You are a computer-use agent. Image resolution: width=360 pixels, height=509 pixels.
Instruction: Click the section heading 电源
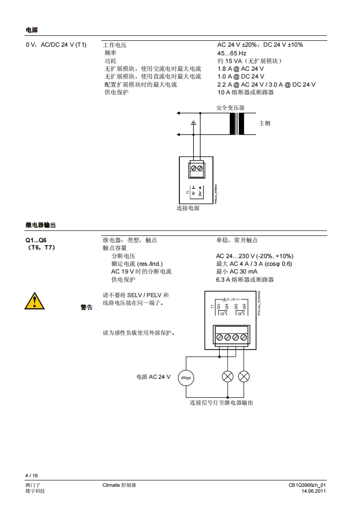click(x=31, y=30)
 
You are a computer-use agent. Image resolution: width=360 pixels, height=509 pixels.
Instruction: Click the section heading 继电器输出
click(x=41, y=225)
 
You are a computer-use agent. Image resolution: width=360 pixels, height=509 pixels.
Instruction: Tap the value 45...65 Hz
click(x=232, y=53)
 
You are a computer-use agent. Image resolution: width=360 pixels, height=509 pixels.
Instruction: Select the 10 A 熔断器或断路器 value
click(x=245, y=93)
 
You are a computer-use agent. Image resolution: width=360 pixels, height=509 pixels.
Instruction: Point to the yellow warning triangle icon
click(x=35, y=300)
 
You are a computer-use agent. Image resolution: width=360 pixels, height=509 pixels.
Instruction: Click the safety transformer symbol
click(x=237, y=123)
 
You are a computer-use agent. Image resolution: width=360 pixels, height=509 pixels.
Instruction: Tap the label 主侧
click(x=264, y=123)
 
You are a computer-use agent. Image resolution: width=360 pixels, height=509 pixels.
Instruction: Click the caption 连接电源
click(x=188, y=208)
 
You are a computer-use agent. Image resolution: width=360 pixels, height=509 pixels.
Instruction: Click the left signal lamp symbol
click(x=227, y=377)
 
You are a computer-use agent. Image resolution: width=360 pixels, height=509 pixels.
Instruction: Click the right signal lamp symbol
click(x=244, y=377)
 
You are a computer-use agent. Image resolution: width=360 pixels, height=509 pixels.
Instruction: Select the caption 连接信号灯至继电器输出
click(x=221, y=403)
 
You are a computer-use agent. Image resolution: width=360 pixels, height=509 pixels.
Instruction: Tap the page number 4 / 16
click(x=32, y=475)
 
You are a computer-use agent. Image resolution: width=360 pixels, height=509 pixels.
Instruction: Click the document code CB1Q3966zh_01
click(x=307, y=485)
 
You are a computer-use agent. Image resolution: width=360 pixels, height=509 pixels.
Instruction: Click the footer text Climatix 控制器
click(x=119, y=485)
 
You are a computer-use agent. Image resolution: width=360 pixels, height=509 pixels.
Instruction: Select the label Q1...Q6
click(x=35, y=240)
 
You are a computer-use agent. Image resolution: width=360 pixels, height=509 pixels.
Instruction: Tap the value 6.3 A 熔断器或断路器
click(x=245, y=279)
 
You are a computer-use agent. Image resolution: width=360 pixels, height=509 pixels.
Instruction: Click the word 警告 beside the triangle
click(x=86, y=308)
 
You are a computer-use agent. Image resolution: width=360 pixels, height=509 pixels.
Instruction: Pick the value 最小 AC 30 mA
click(x=237, y=272)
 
